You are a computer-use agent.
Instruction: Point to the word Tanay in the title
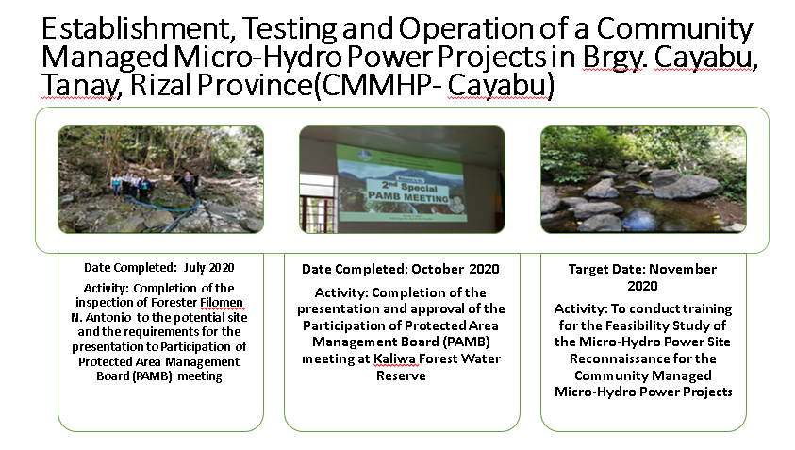coord(81,86)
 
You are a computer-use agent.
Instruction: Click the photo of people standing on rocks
coord(160,179)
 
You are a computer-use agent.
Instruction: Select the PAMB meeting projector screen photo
coord(402,179)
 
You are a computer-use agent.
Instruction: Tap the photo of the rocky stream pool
coord(643,179)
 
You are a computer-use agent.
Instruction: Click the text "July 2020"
coord(209,267)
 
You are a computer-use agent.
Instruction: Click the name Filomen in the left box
coord(221,303)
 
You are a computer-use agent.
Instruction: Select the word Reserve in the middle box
coord(401,375)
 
